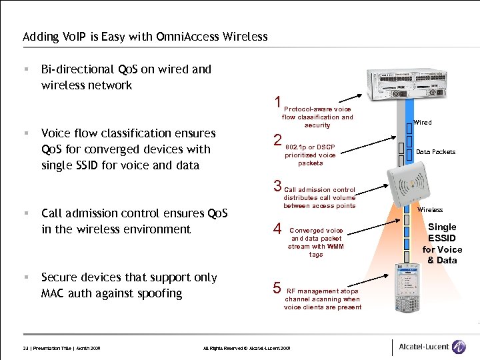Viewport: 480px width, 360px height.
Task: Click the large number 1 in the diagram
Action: (x=277, y=103)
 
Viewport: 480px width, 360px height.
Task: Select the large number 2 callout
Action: (x=277, y=140)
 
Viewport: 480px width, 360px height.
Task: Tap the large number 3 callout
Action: (x=277, y=186)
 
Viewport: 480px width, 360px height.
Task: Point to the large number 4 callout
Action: (x=277, y=229)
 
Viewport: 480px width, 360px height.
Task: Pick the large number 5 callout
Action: (x=277, y=288)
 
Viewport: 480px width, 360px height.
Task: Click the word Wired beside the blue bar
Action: (x=423, y=123)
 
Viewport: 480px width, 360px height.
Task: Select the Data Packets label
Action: (x=435, y=152)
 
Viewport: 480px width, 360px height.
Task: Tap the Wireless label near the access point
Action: (x=430, y=210)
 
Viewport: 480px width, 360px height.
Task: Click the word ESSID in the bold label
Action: (x=442, y=238)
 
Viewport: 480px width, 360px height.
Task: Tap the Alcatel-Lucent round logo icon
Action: (x=459, y=347)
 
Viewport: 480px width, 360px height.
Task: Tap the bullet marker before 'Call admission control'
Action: (x=25, y=213)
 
